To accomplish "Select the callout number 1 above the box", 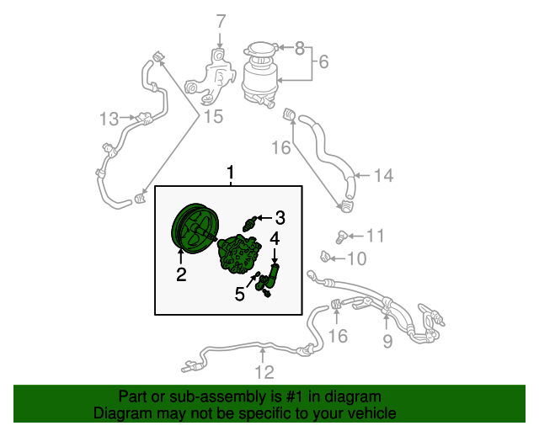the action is (x=230, y=173).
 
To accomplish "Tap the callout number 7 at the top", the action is (x=221, y=21).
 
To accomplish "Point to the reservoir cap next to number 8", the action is (x=260, y=51).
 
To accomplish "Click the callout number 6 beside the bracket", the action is (x=323, y=61).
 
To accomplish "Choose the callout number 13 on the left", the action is (x=109, y=119).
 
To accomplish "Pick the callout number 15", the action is (x=213, y=116).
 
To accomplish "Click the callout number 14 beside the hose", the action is (x=383, y=175).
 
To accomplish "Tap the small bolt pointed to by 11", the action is (x=341, y=237).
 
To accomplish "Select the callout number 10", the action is (x=357, y=258).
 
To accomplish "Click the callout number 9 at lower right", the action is (x=387, y=341).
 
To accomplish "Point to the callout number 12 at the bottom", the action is (x=264, y=372).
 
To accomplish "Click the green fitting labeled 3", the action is (x=249, y=224).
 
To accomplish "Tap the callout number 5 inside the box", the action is (x=239, y=294).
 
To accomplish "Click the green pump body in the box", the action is (x=239, y=254).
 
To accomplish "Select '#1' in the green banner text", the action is (x=295, y=396).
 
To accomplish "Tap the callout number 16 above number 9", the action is (x=339, y=336).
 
